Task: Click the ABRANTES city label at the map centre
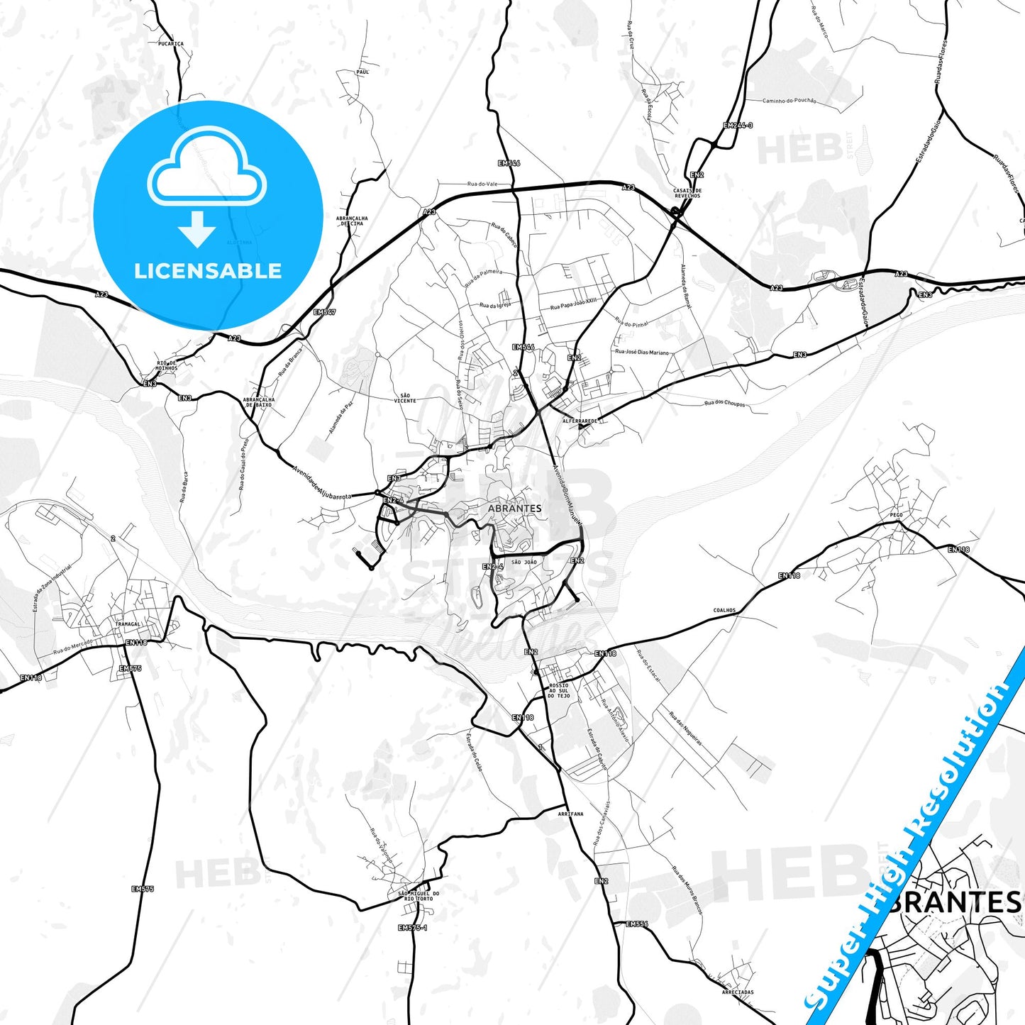pyautogui.click(x=514, y=509)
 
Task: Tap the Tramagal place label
pyautogui.click(x=128, y=624)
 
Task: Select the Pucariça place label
pyautogui.click(x=171, y=44)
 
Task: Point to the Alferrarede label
pyautogui.click(x=580, y=421)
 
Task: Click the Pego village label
pyautogui.click(x=896, y=515)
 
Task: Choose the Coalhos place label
pyautogui.click(x=724, y=610)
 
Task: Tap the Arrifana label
pyautogui.click(x=570, y=814)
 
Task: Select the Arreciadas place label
pyautogui.click(x=738, y=992)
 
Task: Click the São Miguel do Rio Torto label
pyautogui.click(x=419, y=896)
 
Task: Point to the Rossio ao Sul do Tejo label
pyautogui.click(x=558, y=691)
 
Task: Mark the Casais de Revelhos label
pyautogui.click(x=687, y=193)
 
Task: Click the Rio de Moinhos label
pyautogui.click(x=167, y=365)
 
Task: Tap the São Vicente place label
pyautogui.click(x=405, y=398)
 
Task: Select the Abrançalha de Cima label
pyautogui.click(x=352, y=221)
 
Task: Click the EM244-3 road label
pyautogui.click(x=738, y=126)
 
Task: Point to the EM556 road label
pyautogui.click(x=637, y=924)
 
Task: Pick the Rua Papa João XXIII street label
pyautogui.click(x=574, y=304)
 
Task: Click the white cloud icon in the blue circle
pyautogui.click(x=206, y=169)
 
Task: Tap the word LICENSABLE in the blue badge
pyautogui.click(x=208, y=271)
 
